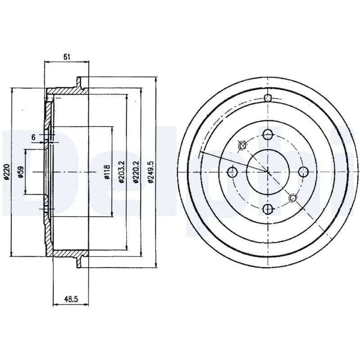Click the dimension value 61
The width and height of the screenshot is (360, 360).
point(67,57)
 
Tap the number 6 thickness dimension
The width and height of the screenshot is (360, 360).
point(33,136)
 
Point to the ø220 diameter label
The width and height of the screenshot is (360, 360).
point(7,171)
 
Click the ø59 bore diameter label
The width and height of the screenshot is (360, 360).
point(20,171)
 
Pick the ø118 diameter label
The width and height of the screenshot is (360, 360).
point(107,171)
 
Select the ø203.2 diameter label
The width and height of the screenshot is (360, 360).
point(121,171)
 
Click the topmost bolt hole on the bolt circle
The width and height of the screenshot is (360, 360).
point(268,134)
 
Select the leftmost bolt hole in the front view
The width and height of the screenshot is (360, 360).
point(232,171)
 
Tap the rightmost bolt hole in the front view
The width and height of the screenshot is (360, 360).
point(303,171)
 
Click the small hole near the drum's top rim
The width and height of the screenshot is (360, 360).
point(268,99)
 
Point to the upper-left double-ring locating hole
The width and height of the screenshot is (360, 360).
point(242,145)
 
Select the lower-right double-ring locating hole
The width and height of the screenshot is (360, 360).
point(293,197)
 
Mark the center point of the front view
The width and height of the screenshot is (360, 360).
point(268,171)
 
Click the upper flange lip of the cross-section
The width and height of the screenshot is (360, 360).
point(80,84)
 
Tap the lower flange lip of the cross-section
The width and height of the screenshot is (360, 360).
point(80,261)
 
